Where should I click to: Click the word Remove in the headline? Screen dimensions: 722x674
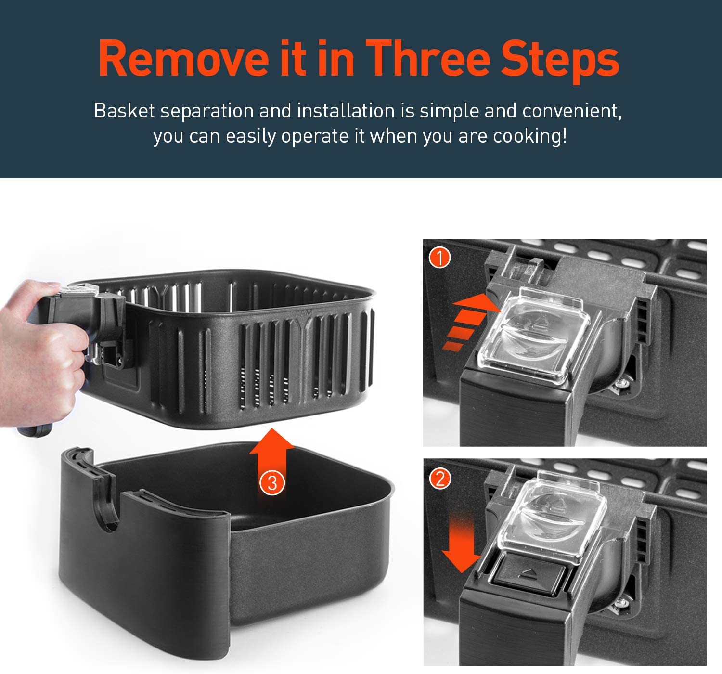tap(183, 59)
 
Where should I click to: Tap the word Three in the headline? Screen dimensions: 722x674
tap(428, 59)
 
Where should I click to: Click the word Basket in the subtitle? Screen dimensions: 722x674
tap(125, 110)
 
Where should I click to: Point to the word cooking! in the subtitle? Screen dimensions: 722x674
tap(529, 136)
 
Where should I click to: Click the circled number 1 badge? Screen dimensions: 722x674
tap(439, 258)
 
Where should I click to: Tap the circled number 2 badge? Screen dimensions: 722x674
tap(440, 479)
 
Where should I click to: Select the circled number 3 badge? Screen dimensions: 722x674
tap(272, 483)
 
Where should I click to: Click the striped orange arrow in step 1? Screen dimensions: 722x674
tap(469, 322)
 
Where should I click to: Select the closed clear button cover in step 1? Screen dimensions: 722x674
tap(534, 335)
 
